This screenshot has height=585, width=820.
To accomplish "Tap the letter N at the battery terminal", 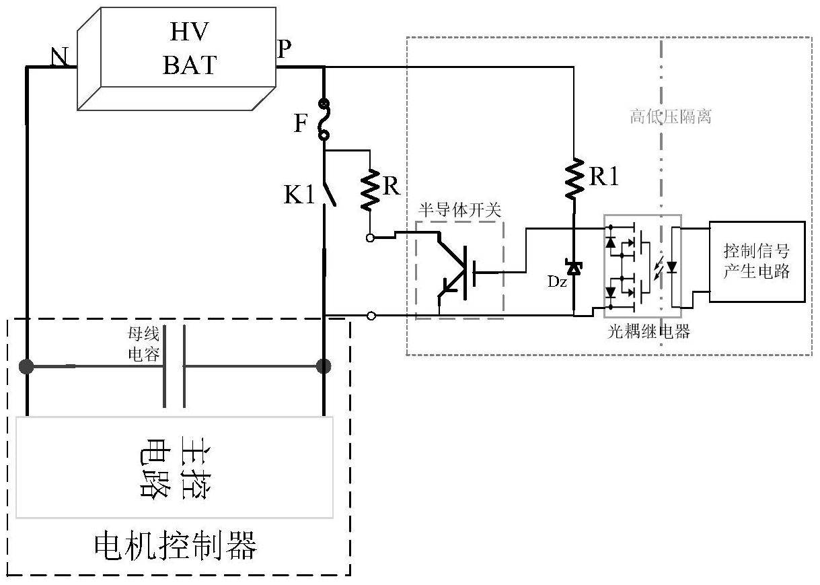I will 61,58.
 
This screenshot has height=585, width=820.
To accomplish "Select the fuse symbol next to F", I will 324,120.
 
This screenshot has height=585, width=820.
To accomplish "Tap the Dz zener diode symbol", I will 574,268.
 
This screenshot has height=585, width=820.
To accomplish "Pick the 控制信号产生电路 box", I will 757,261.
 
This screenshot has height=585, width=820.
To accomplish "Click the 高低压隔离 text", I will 671,117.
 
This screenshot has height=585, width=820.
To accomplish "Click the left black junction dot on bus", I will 26,367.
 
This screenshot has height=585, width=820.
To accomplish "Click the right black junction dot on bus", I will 324,366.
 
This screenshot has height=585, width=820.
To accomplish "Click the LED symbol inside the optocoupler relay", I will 671,267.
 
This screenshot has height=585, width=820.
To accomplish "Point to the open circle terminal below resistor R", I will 370,238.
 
